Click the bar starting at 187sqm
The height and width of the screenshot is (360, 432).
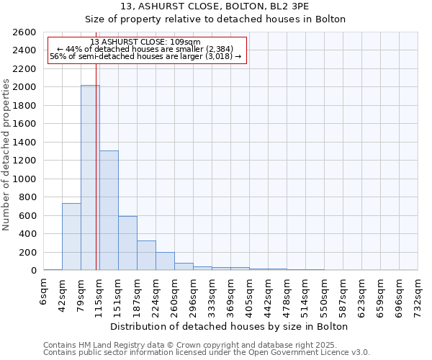click(146, 256)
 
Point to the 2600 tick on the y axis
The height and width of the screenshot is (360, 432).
click(25, 32)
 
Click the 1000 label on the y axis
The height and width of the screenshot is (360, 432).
click(25, 179)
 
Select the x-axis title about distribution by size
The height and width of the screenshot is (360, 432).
click(230, 326)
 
